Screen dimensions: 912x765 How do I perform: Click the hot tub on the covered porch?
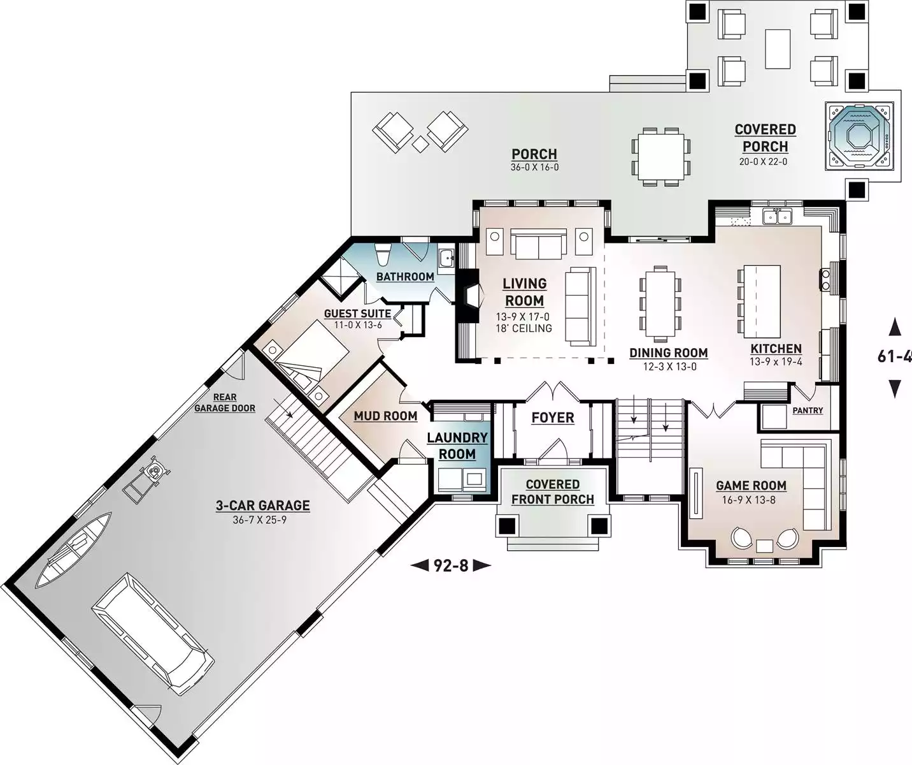pyautogui.click(x=859, y=136)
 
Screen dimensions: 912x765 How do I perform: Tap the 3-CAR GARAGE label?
pyautogui.click(x=262, y=506)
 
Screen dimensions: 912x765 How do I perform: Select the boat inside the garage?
pyautogui.click(x=73, y=550)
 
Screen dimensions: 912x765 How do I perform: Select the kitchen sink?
pyautogui.click(x=777, y=216)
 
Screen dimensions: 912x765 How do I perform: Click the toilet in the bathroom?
pyautogui.click(x=381, y=255)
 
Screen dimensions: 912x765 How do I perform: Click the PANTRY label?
pyautogui.click(x=808, y=411)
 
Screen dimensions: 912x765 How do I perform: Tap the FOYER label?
pyautogui.click(x=553, y=418)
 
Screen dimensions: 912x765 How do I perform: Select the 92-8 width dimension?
pyautogui.click(x=451, y=565)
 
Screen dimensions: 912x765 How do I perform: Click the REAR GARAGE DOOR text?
pyautogui.click(x=225, y=403)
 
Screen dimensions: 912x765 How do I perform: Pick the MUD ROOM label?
pyautogui.click(x=385, y=416)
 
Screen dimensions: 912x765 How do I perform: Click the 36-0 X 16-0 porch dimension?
pyautogui.click(x=534, y=167)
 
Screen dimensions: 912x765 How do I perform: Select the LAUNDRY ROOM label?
pyautogui.click(x=457, y=446)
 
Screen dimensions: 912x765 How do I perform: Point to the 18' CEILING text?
pyautogui.click(x=524, y=328)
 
